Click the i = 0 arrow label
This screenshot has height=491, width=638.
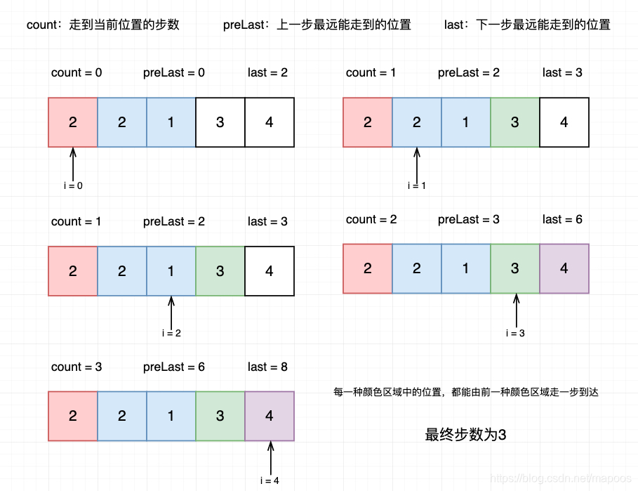tap(73, 185)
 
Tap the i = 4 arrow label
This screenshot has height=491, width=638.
tap(270, 480)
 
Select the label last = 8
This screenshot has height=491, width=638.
tap(267, 367)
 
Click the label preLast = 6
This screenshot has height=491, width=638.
tap(174, 367)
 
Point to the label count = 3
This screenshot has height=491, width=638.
tap(77, 367)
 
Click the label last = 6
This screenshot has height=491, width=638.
tap(562, 219)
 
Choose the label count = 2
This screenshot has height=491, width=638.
tap(371, 219)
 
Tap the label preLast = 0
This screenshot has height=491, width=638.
tap(174, 72)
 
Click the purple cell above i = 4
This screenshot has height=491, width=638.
tap(270, 416)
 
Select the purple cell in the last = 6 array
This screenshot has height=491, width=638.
tap(564, 268)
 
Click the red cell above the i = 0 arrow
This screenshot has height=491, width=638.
tap(73, 122)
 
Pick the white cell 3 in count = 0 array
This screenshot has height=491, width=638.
tap(220, 122)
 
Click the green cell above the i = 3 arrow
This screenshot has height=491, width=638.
tap(515, 268)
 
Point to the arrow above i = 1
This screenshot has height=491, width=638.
tap(417, 162)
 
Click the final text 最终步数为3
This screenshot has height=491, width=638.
tap(466, 435)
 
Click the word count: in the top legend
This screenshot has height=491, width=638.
tap(44, 25)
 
